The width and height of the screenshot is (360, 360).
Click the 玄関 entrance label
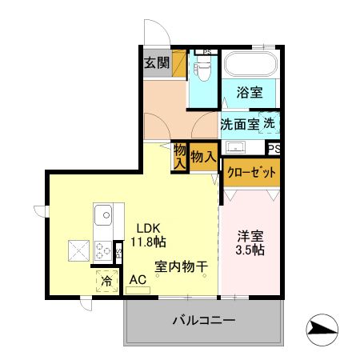[x=157, y=63]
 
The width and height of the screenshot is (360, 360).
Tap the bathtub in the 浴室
[x=249, y=64]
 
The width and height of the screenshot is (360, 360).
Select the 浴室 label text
[x=250, y=93]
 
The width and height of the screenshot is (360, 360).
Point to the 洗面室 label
[x=239, y=124]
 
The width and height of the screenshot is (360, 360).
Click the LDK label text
[x=146, y=226]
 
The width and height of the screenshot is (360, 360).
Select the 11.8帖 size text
[x=150, y=240]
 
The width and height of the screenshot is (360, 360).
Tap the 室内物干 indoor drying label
[x=182, y=268]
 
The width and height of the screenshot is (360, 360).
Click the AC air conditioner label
[x=137, y=279]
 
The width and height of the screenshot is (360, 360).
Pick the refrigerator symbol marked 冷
[x=107, y=281]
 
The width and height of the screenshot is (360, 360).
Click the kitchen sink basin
[x=103, y=216]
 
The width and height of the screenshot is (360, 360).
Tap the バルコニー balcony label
[x=203, y=322]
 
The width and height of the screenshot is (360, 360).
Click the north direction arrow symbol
[x=322, y=326]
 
